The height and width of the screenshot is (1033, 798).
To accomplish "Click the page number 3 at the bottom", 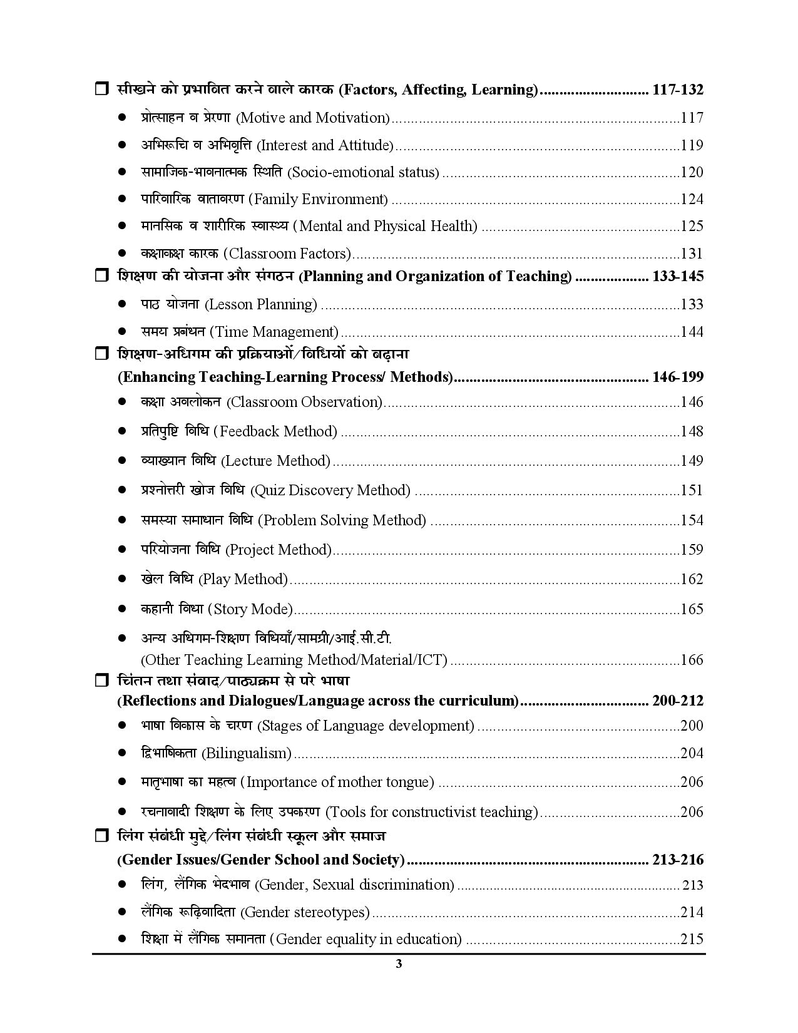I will (x=399, y=964).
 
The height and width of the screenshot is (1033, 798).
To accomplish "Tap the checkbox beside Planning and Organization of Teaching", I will (x=101, y=275).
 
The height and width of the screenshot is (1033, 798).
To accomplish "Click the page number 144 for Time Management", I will (x=692, y=332).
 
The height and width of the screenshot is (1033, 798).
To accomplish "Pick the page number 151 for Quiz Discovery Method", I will (x=692, y=490).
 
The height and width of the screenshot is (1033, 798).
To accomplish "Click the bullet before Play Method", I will (x=123, y=579).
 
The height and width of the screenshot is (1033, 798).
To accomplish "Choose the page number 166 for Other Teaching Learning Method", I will (x=692, y=660).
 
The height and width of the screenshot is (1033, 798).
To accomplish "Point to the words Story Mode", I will (x=250, y=609).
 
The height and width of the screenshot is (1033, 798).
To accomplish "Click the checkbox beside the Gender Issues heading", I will (x=101, y=836).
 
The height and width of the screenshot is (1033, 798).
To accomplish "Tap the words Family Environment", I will (x=319, y=199).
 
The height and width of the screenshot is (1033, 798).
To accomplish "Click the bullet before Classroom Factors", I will (x=123, y=254).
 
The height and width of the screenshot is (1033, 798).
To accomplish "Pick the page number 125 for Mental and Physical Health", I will (x=692, y=226).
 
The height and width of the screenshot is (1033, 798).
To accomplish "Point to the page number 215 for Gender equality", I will (x=692, y=939).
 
